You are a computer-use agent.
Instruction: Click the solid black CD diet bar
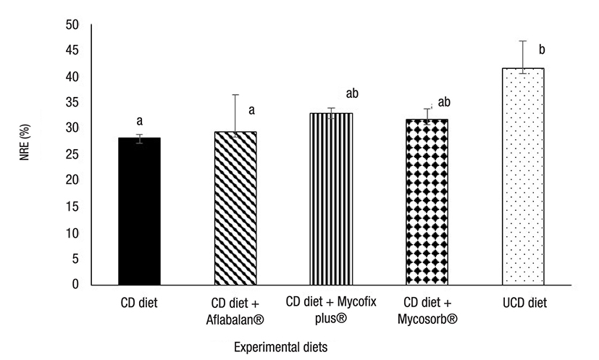tap(139, 211)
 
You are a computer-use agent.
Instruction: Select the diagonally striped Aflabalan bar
tap(235, 209)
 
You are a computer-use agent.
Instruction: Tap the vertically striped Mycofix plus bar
tap(331, 199)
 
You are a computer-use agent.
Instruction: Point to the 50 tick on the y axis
tap(72, 25)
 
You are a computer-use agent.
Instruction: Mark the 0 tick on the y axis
tap(75, 285)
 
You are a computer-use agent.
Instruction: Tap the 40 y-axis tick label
tap(72, 77)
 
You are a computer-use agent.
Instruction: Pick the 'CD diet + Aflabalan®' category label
tap(235, 310)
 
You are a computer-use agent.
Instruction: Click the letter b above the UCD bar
tap(542, 50)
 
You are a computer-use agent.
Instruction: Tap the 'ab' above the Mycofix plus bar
tap(353, 93)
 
